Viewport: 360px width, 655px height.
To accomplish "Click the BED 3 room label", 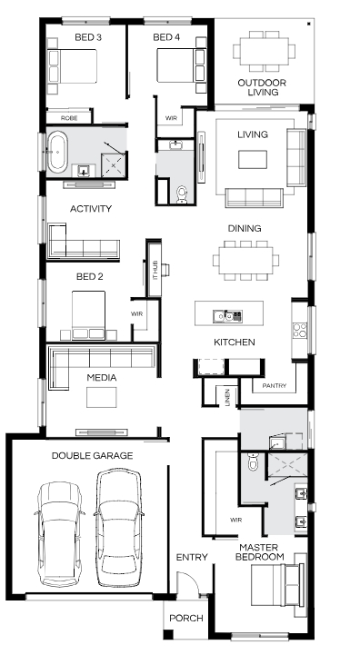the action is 88,37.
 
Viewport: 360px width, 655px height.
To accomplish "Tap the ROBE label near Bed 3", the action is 69,118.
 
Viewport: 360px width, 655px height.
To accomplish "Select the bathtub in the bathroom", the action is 57,152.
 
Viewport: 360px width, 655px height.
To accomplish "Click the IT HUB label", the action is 155,271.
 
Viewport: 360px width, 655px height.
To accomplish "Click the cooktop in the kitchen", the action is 299,330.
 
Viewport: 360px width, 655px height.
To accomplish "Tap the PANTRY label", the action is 275,385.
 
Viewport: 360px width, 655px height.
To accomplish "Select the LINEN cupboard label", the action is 227,397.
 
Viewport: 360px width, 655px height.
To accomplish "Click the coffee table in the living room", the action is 253,160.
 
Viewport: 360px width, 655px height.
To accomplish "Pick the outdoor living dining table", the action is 265,52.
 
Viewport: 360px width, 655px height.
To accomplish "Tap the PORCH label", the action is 186,618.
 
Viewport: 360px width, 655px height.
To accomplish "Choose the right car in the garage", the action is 118,528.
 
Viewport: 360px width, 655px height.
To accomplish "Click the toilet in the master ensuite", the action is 253,461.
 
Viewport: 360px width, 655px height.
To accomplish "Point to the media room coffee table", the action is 102,397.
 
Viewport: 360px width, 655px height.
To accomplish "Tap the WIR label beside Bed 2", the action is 136,313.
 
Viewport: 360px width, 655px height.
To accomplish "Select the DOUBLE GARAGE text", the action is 92,455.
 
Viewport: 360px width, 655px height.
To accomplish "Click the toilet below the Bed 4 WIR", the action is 182,194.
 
